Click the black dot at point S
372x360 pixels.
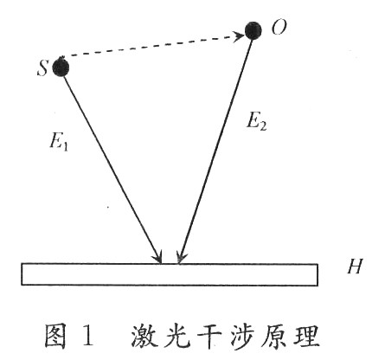(x=61, y=67)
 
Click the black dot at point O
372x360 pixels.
(x=253, y=30)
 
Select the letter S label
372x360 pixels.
(x=42, y=68)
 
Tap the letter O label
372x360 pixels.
(x=279, y=28)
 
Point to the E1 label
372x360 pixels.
(x=59, y=142)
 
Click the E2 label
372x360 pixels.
(x=256, y=121)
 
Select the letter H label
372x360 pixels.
(x=354, y=266)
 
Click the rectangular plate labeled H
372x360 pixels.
(x=170, y=274)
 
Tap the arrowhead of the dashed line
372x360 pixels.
(x=239, y=36)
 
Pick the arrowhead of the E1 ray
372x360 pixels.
(x=158, y=257)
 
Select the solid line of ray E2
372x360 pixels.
(x=215, y=151)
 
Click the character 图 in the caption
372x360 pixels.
(x=55, y=337)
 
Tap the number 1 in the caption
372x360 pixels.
(x=88, y=336)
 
